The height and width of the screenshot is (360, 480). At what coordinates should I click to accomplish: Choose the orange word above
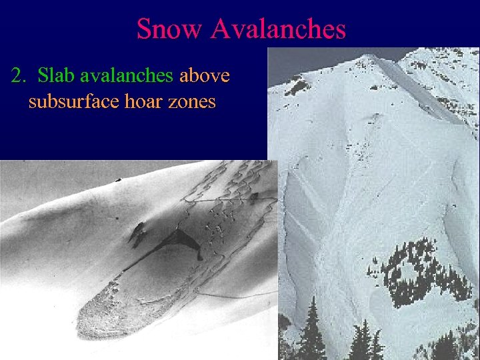[x=205, y=76]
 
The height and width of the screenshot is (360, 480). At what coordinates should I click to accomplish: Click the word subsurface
[x=71, y=103]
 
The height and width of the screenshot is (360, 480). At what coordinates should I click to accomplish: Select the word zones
[x=190, y=103]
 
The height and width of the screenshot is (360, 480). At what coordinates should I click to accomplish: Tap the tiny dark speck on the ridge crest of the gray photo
[x=118, y=179]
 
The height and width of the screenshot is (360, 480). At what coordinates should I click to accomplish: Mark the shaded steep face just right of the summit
[x=420, y=93]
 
